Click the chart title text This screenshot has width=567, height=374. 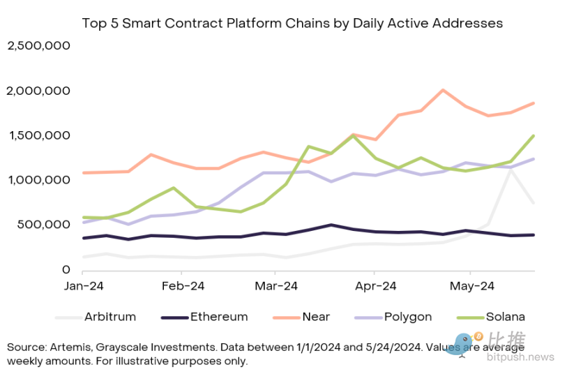(x=292, y=23)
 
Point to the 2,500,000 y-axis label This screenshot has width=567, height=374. (x=39, y=46)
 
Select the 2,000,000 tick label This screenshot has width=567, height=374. (x=39, y=91)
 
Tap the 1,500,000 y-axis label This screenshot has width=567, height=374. (x=39, y=135)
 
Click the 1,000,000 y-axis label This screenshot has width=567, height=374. (x=39, y=180)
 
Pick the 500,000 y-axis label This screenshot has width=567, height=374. (x=45, y=225)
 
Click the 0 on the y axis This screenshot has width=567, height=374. (x=67, y=269)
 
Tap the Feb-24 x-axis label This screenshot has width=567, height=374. (x=182, y=286)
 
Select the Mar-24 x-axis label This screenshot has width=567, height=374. (x=276, y=286)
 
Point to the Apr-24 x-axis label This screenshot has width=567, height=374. (x=375, y=286)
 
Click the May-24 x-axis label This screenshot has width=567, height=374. (x=470, y=286)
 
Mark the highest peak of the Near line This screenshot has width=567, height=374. (x=443, y=90)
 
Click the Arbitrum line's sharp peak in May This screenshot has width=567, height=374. (x=511, y=170)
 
